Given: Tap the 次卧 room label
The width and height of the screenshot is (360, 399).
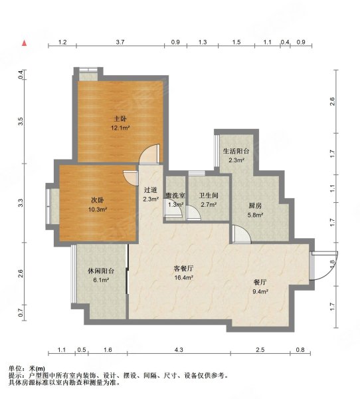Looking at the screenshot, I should pyautogui.click(x=98, y=200).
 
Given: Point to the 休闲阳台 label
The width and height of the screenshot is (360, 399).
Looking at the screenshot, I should pyautogui.click(x=101, y=271).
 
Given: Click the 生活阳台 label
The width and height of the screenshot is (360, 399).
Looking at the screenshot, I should pyautogui.click(x=236, y=151).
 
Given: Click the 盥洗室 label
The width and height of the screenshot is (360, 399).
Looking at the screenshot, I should pyautogui.click(x=175, y=196).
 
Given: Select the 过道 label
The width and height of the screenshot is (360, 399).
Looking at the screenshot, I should pyautogui.click(x=150, y=190).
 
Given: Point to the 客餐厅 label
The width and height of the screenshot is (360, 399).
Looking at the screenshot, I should pyautogui.click(x=183, y=268).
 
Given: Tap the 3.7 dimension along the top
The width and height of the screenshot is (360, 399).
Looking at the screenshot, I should pyautogui.click(x=120, y=42).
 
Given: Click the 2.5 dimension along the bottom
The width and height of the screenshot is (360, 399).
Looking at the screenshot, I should pyautogui.click(x=260, y=350).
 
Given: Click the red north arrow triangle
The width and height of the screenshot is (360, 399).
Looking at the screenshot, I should pyautogui.click(x=25, y=43).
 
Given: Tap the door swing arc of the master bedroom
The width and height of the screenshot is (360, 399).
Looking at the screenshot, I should pyautogui.click(x=153, y=153).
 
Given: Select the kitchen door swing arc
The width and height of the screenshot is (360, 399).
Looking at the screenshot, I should pyautogui.click(x=240, y=234).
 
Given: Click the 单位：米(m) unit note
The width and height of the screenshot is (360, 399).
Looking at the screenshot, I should pyautogui.click(x=27, y=368).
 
